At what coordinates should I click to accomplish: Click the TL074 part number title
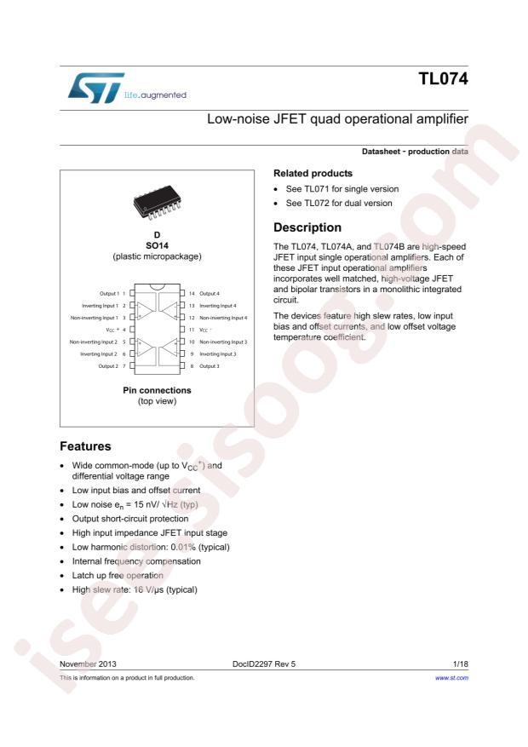(443, 80)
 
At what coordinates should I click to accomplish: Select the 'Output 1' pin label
(108, 293)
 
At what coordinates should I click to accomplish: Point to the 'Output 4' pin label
(209, 293)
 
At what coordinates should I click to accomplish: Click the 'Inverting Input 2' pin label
(99, 353)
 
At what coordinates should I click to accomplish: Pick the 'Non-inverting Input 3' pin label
(223, 341)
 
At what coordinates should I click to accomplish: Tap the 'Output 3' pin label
(209, 365)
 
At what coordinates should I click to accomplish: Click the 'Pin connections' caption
(156, 390)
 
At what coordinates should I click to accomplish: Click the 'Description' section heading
(307, 227)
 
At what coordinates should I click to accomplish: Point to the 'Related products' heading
(313, 173)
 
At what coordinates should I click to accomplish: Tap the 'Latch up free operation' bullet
(125, 576)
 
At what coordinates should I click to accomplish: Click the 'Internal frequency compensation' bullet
(136, 561)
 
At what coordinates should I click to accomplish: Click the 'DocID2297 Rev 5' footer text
(263, 662)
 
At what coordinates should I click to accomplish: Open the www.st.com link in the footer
(452, 677)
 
